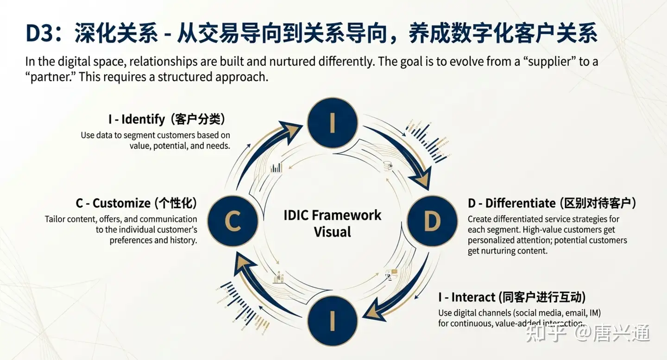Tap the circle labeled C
tap(233, 221)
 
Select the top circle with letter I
tap(333, 123)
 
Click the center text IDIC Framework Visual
tap(333, 223)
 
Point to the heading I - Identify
tap(137, 120)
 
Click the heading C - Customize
tap(113, 203)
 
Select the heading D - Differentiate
tap(511, 203)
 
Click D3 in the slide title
tap(41, 34)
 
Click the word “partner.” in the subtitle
tap(50, 76)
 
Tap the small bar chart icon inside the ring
tap(277, 168)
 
